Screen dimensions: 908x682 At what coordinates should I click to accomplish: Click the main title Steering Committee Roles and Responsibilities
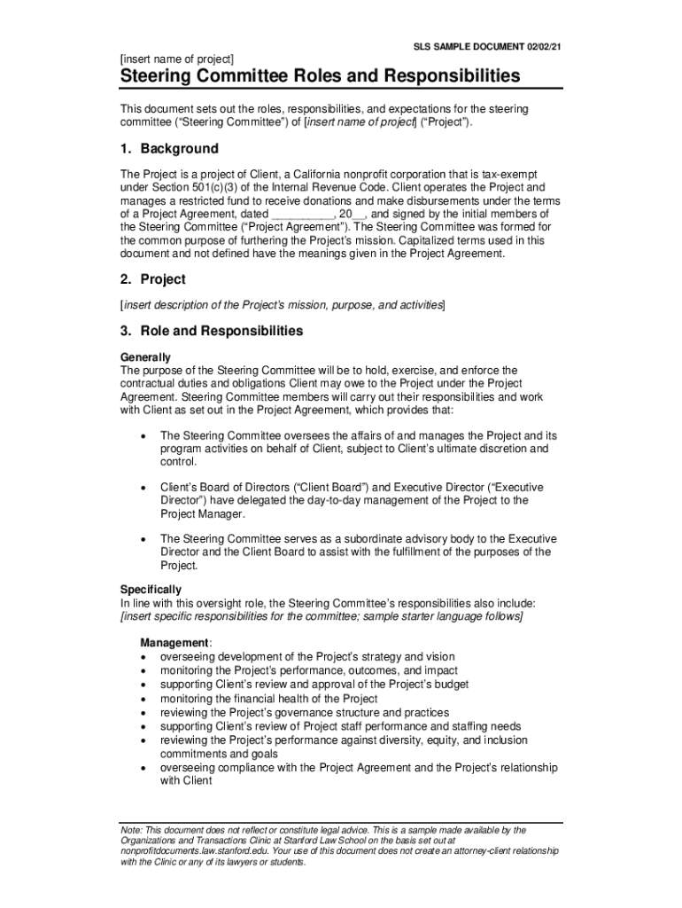coord(321,76)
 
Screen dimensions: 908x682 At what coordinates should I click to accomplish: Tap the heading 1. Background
coord(169,149)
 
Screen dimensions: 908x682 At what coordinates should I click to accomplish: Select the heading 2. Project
coord(153,279)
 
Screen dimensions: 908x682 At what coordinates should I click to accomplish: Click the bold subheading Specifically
coord(151,590)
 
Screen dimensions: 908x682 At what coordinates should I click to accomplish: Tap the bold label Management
coord(174,642)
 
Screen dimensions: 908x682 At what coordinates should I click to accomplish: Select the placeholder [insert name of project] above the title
coord(177,59)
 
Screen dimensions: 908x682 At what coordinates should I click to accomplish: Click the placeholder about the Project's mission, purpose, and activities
coord(283,305)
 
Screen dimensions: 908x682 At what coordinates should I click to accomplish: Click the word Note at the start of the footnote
coord(130,830)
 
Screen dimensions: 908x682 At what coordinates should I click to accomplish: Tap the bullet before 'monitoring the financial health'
coord(143,699)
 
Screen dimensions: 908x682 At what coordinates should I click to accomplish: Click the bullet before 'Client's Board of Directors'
coord(143,488)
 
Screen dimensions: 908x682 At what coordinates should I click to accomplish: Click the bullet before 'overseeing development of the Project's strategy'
coord(143,657)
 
